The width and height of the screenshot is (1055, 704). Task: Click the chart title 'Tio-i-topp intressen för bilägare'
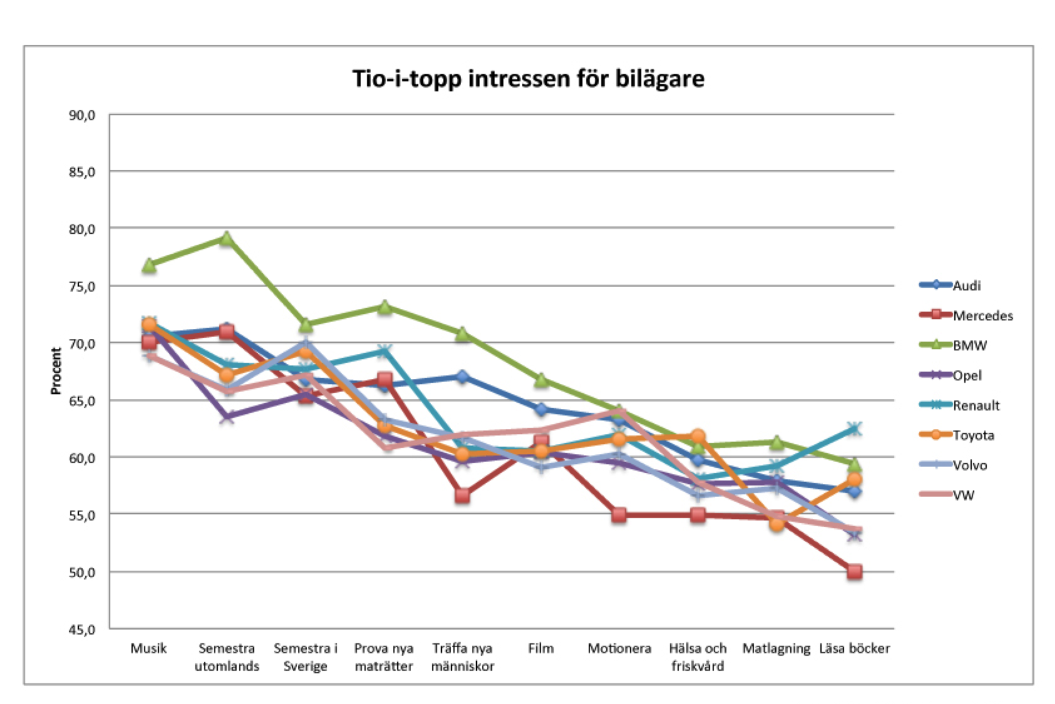coord(527,79)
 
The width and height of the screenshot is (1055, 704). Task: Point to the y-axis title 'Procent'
coord(56,371)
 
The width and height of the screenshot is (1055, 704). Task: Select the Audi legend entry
coord(966,286)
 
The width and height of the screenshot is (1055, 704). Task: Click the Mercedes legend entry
coord(982,316)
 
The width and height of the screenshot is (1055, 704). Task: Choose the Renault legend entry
coord(976,406)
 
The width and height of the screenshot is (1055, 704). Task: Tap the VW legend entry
coord(964,495)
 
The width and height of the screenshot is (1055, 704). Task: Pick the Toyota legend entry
coord(973,435)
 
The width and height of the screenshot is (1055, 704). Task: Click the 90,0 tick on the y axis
coord(82,116)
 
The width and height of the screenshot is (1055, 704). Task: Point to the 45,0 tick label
coord(82,630)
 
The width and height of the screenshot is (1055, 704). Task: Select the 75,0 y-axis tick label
coord(82,287)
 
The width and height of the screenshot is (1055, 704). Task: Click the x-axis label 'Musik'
coord(148,648)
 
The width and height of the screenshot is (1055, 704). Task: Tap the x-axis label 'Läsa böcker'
coord(854,648)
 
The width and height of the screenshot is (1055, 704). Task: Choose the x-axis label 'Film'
coord(541,648)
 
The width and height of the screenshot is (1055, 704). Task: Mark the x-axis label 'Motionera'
coord(619,648)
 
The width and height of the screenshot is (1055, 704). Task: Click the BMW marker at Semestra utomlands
coord(227,239)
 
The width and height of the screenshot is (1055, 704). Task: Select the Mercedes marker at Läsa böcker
coord(854,571)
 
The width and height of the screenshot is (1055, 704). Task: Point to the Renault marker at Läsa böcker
coord(854,429)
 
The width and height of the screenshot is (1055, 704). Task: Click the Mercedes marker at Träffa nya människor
coord(462,496)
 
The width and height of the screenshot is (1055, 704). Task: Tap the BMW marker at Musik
coord(148,266)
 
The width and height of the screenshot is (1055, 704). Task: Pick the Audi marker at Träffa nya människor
coord(462,376)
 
